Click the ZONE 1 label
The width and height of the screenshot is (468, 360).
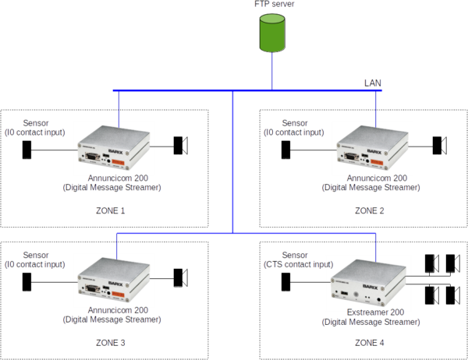(x=112, y=210)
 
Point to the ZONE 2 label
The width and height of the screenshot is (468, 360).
(x=370, y=210)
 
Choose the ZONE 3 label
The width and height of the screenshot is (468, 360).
(x=112, y=343)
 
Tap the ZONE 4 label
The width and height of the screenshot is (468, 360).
(x=370, y=343)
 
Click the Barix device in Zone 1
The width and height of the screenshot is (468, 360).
(x=114, y=148)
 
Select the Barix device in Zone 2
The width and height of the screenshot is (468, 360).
(x=371, y=148)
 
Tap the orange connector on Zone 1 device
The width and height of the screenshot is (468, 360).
(x=137, y=161)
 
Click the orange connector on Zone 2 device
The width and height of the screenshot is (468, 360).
(x=395, y=161)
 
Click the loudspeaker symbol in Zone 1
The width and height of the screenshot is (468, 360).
(x=181, y=145)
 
